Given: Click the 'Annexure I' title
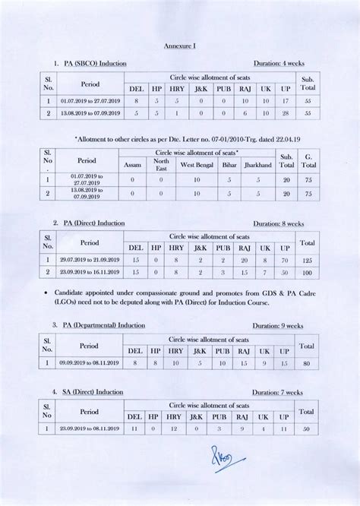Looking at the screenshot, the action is coord(180,46).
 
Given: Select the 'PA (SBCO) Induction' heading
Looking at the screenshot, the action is coord(95,63).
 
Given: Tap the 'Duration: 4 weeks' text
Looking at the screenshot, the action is coord(279,63).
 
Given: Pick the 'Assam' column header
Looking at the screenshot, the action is coord(132,164).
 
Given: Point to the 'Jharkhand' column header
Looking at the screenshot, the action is coord(258,164).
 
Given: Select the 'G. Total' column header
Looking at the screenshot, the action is coord(308,160).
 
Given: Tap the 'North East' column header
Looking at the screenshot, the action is coord(161,164).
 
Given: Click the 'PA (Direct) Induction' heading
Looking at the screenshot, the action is coord(95,223).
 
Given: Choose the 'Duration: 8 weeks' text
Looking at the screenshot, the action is coord(279,223).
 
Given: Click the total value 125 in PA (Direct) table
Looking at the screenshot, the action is coord(308,260).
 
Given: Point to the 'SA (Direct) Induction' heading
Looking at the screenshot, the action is coord(93,392).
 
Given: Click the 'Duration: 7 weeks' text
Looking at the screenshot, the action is coord(279,392).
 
